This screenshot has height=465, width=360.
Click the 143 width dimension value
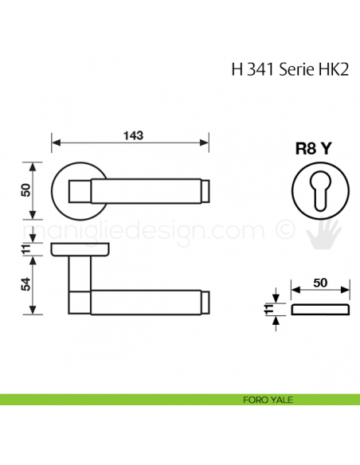pos(131,135)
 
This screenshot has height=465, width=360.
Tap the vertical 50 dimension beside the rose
pos(25,191)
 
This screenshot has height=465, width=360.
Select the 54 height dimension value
pos(25,285)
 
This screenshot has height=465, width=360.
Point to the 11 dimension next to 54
pos(25,250)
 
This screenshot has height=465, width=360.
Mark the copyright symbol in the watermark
pos(283,230)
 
